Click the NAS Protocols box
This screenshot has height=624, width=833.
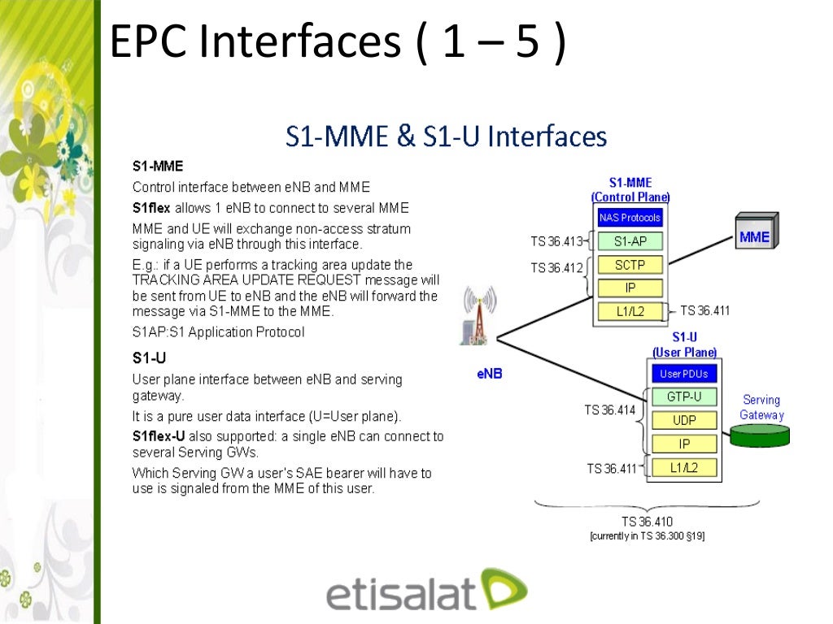pos(630,218)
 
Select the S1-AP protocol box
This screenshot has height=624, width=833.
pos(630,241)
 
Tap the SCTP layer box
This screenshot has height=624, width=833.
pos(630,265)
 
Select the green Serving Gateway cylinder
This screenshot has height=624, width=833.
pos(761,435)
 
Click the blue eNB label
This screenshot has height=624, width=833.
pos(489,375)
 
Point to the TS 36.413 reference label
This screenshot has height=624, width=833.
pos(556,240)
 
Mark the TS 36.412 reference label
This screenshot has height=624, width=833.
pos(556,267)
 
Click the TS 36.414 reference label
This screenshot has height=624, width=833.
pos(609,410)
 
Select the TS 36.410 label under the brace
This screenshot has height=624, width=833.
pos(642,522)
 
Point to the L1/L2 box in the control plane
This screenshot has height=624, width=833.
pos(630,310)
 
